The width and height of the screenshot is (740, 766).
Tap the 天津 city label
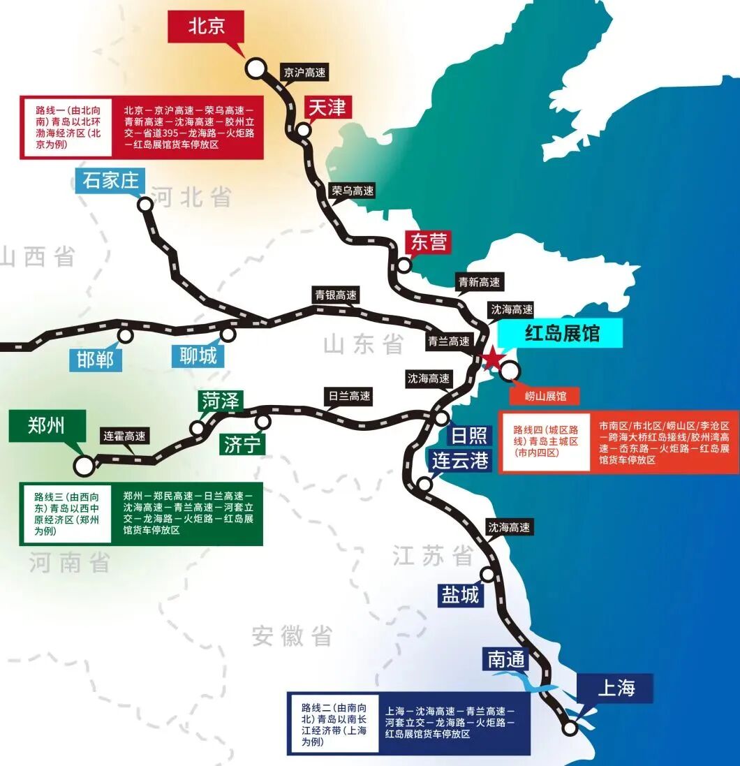[x=326, y=108]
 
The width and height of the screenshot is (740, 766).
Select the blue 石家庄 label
[x=111, y=181]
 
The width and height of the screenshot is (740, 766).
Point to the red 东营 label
[x=427, y=242]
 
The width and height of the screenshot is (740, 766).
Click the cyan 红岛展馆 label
[x=562, y=333]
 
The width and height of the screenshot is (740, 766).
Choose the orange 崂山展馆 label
[x=546, y=396]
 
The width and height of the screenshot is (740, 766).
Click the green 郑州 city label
[x=46, y=425]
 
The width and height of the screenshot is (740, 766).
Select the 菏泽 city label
[x=221, y=401]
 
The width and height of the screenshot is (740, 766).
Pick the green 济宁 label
[x=242, y=445]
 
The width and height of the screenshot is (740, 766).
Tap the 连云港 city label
[x=460, y=461]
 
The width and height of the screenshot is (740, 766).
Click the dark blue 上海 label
[x=616, y=688]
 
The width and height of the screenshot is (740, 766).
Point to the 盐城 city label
[x=460, y=594]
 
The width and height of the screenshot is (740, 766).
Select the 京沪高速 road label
[x=304, y=72]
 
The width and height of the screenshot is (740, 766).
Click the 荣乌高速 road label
[x=353, y=191]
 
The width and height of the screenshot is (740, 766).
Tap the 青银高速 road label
[x=335, y=295]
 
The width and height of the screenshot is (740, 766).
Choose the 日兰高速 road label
[x=350, y=396]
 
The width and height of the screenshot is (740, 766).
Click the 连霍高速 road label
[x=124, y=436]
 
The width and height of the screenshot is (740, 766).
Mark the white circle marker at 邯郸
[x=126, y=336]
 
